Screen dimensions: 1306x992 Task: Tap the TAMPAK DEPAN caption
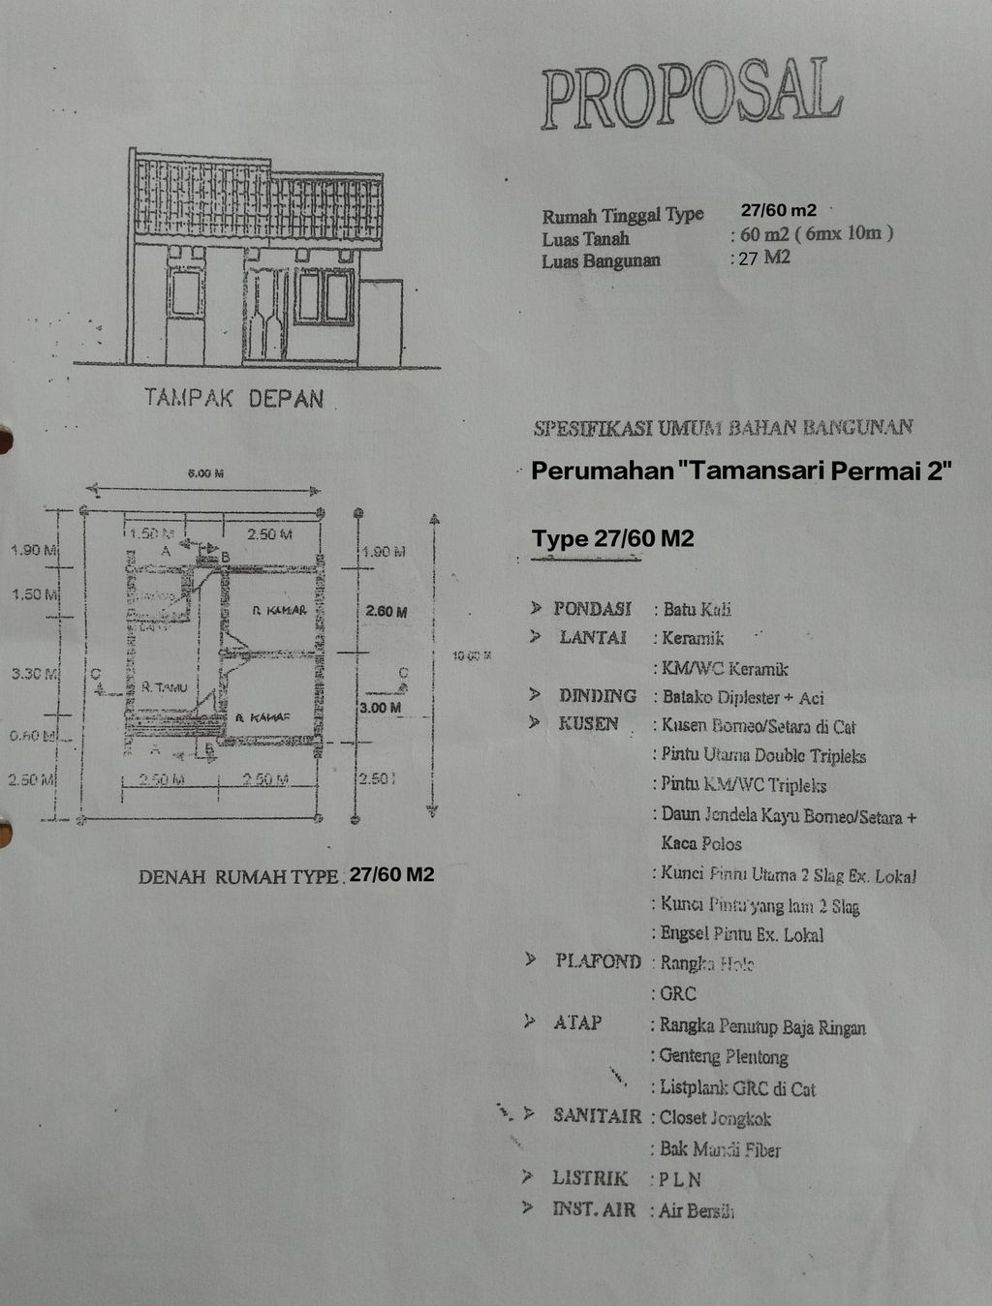233,398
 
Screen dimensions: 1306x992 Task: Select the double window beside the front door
325,296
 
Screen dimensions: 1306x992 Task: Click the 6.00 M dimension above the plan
204,473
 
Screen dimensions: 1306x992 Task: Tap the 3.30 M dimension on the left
31,673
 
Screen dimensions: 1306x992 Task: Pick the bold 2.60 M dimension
386,612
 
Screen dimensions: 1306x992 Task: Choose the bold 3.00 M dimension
380,708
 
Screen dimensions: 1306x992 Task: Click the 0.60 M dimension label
29,736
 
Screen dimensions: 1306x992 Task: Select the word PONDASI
592,609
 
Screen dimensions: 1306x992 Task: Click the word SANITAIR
597,1116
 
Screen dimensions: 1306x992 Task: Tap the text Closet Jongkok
715,1118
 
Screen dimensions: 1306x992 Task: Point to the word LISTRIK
590,1178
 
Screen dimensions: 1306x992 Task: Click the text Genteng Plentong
724,1056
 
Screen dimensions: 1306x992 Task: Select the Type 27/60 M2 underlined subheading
612,539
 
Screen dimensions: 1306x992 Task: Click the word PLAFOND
598,961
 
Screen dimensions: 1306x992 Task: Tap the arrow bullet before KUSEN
534,722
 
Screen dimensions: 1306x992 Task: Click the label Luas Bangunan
601,260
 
